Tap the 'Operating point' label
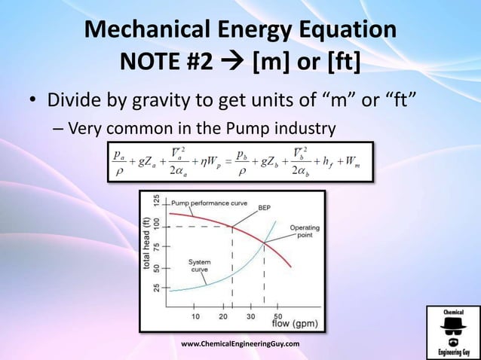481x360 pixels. point(305,231)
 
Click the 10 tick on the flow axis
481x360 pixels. point(194,316)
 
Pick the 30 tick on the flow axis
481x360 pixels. point(251,316)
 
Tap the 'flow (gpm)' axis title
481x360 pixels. point(294,325)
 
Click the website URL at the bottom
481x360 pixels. point(240,343)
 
